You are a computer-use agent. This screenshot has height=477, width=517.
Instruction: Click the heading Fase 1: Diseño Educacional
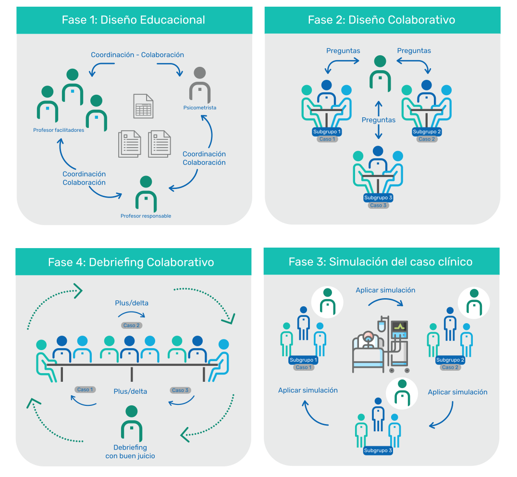[134, 20]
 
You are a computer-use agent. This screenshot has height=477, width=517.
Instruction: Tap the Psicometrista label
[200, 108]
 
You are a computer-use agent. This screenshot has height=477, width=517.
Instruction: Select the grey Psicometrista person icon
[199, 85]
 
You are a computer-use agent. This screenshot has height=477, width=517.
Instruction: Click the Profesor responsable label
[146, 216]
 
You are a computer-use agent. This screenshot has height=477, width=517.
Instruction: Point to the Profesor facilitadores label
[59, 130]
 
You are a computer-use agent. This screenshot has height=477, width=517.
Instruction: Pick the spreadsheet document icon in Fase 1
[143, 106]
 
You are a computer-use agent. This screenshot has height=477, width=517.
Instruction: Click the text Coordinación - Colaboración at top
[137, 55]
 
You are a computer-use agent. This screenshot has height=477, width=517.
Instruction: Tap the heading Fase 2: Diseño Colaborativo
[382, 20]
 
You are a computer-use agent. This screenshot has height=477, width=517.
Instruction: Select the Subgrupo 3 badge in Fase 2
[379, 198]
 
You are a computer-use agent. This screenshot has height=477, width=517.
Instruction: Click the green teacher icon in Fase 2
[380, 73]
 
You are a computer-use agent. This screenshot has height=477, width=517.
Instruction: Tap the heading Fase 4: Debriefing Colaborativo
[131, 262]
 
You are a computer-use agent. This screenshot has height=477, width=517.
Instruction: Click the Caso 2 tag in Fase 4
[131, 326]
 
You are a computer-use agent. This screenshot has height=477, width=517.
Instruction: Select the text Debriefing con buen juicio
[130, 452]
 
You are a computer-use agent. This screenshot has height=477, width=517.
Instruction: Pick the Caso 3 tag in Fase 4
[180, 390]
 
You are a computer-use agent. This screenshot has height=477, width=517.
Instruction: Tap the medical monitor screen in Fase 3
[400, 327]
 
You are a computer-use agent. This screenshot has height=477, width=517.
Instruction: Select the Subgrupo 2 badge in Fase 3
[450, 360]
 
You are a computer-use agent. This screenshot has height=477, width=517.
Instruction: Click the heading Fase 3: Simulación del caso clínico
[381, 262]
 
